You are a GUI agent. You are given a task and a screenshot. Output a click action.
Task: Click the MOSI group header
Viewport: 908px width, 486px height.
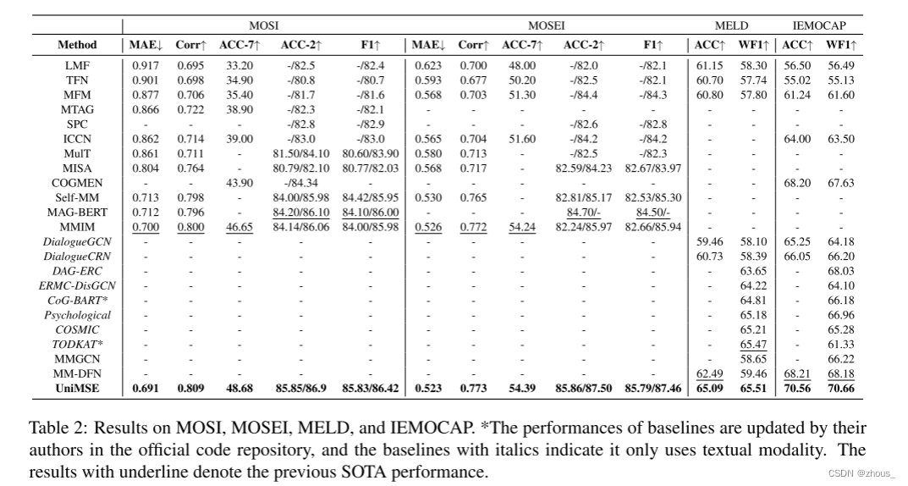(264, 26)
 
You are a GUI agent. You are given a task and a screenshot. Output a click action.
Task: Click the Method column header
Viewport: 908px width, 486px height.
(77, 45)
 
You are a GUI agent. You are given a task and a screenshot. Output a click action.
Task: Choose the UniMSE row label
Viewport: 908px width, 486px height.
(77, 389)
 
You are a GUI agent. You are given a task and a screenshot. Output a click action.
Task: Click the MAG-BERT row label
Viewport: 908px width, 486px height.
(77, 213)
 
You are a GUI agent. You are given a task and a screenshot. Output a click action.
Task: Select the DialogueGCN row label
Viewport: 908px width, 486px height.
(77, 241)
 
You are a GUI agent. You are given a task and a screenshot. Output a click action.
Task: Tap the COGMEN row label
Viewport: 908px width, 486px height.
(77, 182)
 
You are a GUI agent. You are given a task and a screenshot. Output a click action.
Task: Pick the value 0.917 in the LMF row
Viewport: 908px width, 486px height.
(145, 65)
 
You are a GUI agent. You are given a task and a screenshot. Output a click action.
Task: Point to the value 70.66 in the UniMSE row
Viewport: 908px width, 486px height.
(840, 389)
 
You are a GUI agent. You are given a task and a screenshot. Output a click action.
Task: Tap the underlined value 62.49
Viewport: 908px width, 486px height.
(710, 373)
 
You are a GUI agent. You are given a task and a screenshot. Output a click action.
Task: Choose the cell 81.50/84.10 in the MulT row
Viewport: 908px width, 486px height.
(301, 153)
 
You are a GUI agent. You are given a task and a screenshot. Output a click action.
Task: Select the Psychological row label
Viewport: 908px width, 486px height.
(77, 315)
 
